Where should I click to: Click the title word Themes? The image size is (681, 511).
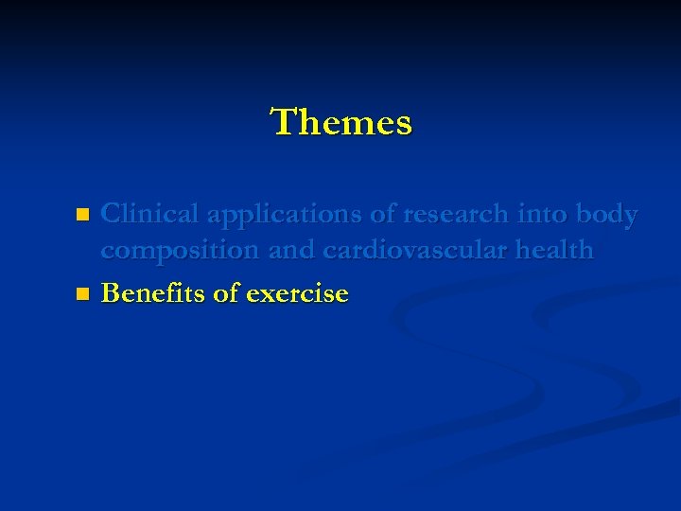[341, 122]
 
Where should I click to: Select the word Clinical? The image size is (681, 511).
[150, 215]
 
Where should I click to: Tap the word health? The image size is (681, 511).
[552, 251]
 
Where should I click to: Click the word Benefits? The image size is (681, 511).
[153, 293]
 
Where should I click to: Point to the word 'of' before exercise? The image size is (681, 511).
[226, 293]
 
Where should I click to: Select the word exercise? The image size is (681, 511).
[297, 294]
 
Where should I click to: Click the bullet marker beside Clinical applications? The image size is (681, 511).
[82, 215]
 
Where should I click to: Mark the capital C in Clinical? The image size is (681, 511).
[111, 215]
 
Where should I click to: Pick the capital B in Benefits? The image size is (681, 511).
[110, 293]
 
